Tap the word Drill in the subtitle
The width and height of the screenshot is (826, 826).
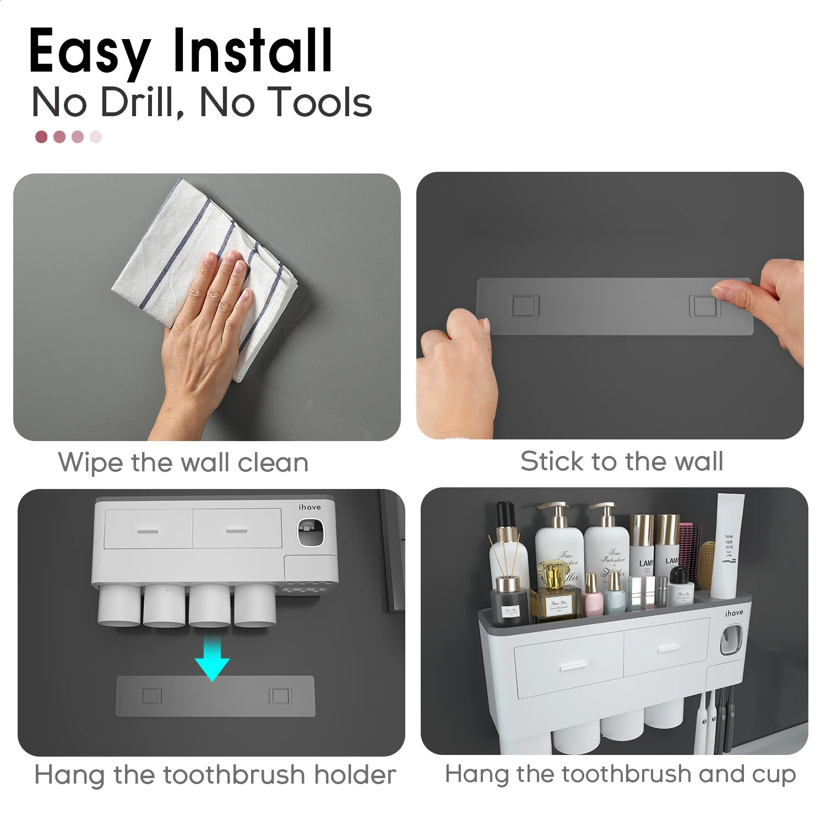tap(141, 102)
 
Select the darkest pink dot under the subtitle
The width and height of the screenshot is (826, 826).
tap(41, 137)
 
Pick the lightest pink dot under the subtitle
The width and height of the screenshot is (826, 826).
tap(96, 137)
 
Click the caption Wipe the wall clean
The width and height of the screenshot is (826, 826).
tap(183, 463)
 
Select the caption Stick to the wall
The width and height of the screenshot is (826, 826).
tap(622, 461)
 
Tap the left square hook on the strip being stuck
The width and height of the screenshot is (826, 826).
tap(525, 306)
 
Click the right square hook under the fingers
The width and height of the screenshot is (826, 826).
tap(704, 306)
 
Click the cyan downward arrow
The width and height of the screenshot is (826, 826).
tap(213, 658)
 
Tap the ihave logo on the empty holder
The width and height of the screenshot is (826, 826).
tap(309, 507)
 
